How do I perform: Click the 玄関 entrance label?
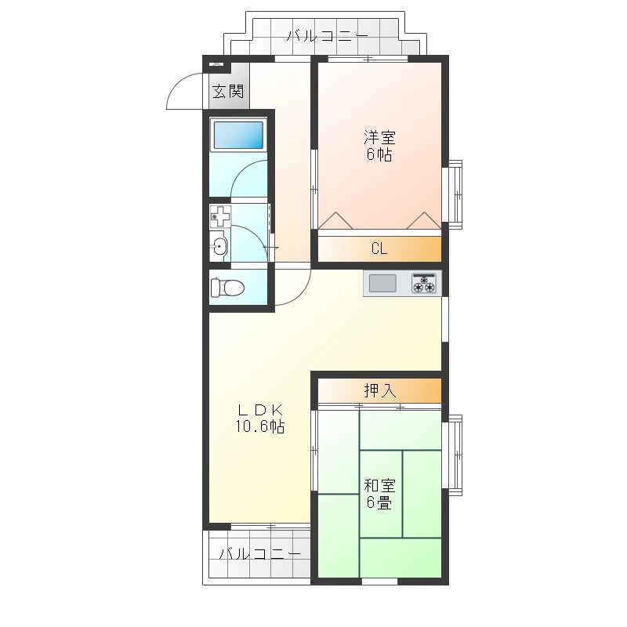228,92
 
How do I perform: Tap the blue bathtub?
239,135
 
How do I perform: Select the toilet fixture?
227,287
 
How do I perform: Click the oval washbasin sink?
219,245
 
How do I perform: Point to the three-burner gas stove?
424,284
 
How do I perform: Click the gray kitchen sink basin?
382,284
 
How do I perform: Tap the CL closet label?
379,248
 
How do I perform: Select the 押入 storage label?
380,390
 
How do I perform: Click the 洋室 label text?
379,138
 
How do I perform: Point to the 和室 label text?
379,486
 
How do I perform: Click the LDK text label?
260,410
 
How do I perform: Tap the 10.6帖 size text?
260,426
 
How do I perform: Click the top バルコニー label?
328,36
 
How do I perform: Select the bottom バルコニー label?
260,554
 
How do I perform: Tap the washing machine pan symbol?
221,217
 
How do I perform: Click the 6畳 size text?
379,502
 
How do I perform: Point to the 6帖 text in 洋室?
379,154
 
